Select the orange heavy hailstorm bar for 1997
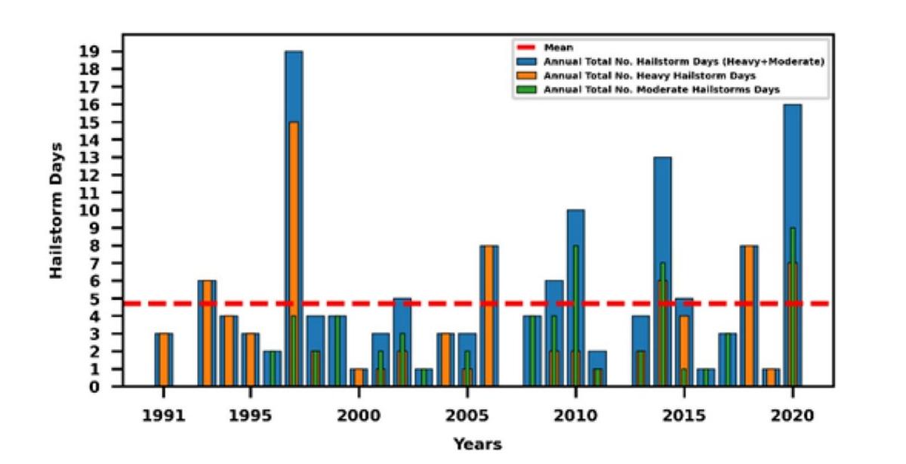pyautogui.click(x=294, y=227)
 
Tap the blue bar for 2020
pyautogui.click(x=792, y=166)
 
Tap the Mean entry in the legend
pyautogui.click(x=556, y=48)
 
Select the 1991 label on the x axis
pyautogui.click(x=163, y=416)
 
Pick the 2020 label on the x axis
pyautogui.click(x=792, y=416)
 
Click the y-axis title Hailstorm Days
pyautogui.click(x=57, y=210)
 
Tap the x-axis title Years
pyautogui.click(x=477, y=444)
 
